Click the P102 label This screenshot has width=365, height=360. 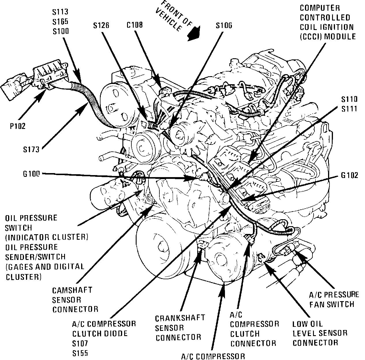pyautogui.click(x=17, y=126)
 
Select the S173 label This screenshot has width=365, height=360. pyautogui.click(x=31, y=149)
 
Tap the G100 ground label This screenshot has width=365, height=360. pyautogui.click(x=32, y=174)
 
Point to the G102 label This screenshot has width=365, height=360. pyautogui.click(x=349, y=175)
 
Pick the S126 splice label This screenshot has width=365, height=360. pyautogui.click(x=101, y=25)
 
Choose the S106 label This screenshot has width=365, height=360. pyautogui.click(x=224, y=25)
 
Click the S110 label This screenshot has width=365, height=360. pyautogui.click(x=349, y=100)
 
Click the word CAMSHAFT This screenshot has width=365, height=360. pyautogui.click(x=72, y=290)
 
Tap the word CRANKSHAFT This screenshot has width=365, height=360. pyautogui.click(x=180, y=318)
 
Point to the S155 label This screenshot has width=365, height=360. pyautogui.click(x=80, y=353)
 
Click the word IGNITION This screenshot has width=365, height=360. pyautogui.click(x=334, y=27)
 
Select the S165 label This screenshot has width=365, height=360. pyautogui.click(x=60, y=22)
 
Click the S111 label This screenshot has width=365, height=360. pyautogui.click(x=349, y=109)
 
